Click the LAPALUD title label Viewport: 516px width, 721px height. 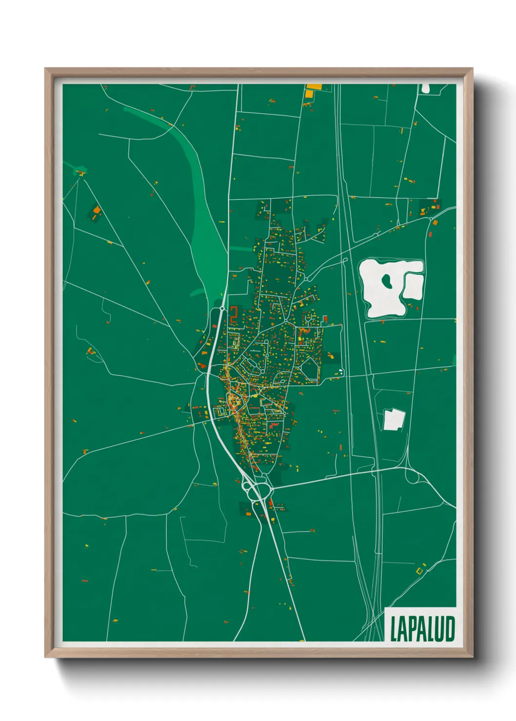(422, 628)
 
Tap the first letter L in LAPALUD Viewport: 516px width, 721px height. (394, 629)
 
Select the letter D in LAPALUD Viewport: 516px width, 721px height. (450, 629)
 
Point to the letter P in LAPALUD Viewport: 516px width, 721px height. (412, 629)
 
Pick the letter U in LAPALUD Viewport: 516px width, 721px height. (440, 629)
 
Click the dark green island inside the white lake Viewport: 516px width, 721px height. (387, 281)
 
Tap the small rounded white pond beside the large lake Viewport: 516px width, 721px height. (413, 286)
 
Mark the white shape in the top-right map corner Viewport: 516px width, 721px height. (425, 88)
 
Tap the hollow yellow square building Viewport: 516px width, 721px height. (419, 570)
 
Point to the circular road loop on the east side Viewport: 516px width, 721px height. (413, 476)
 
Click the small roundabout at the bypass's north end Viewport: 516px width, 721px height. (222, 308)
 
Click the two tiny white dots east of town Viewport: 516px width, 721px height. (341, 373)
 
